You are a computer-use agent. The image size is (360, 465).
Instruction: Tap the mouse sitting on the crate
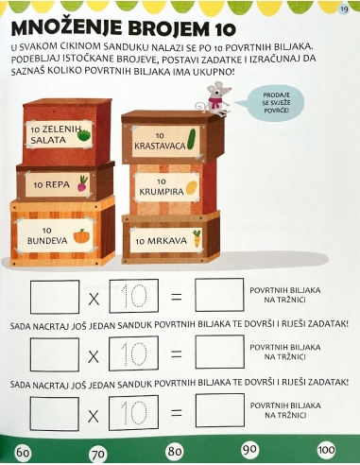[214, 98]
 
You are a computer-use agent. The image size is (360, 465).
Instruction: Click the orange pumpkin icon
[82, 234]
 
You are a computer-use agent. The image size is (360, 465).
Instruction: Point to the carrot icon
[197, 237]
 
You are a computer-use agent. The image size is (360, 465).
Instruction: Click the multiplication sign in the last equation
[93, 414]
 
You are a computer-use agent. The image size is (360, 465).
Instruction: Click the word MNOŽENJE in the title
[71, 25]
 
